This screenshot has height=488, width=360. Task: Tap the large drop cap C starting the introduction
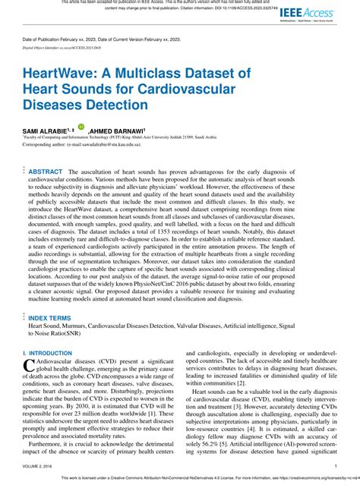coord(29,367)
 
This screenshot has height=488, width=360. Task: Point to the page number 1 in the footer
coord(335,467)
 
